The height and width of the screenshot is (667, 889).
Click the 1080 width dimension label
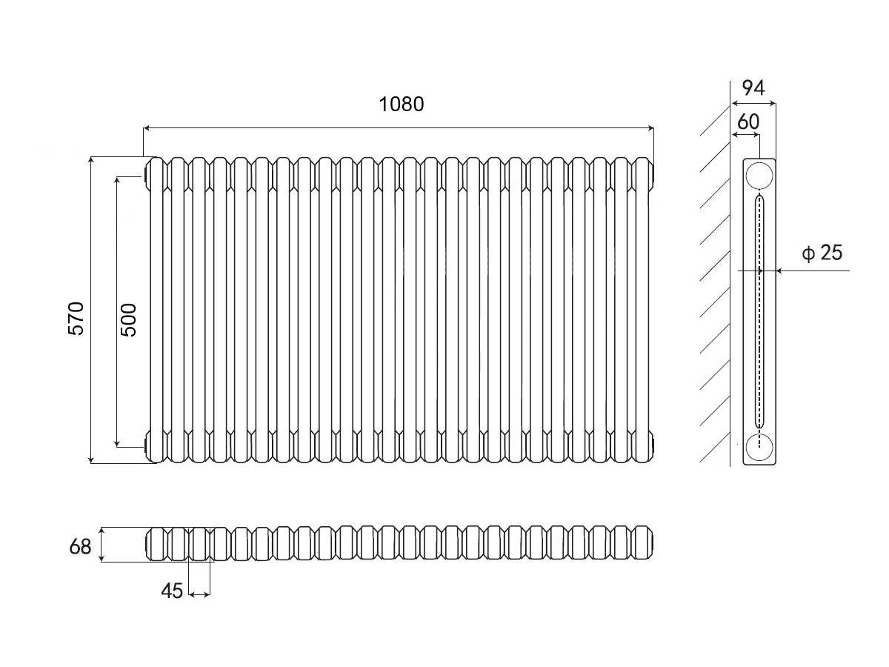401,104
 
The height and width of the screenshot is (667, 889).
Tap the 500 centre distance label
129,319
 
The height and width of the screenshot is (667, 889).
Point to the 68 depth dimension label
80,547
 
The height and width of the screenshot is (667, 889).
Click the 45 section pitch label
172,591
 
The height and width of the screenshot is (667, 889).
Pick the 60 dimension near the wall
748,122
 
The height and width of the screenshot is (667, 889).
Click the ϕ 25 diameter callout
822,253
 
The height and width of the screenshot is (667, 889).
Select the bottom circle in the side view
759,446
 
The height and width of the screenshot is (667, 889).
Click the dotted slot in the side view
759,311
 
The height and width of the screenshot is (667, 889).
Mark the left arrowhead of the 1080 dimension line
147,129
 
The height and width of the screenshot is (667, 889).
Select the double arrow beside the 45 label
199,594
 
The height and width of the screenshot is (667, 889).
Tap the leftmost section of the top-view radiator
157,545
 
